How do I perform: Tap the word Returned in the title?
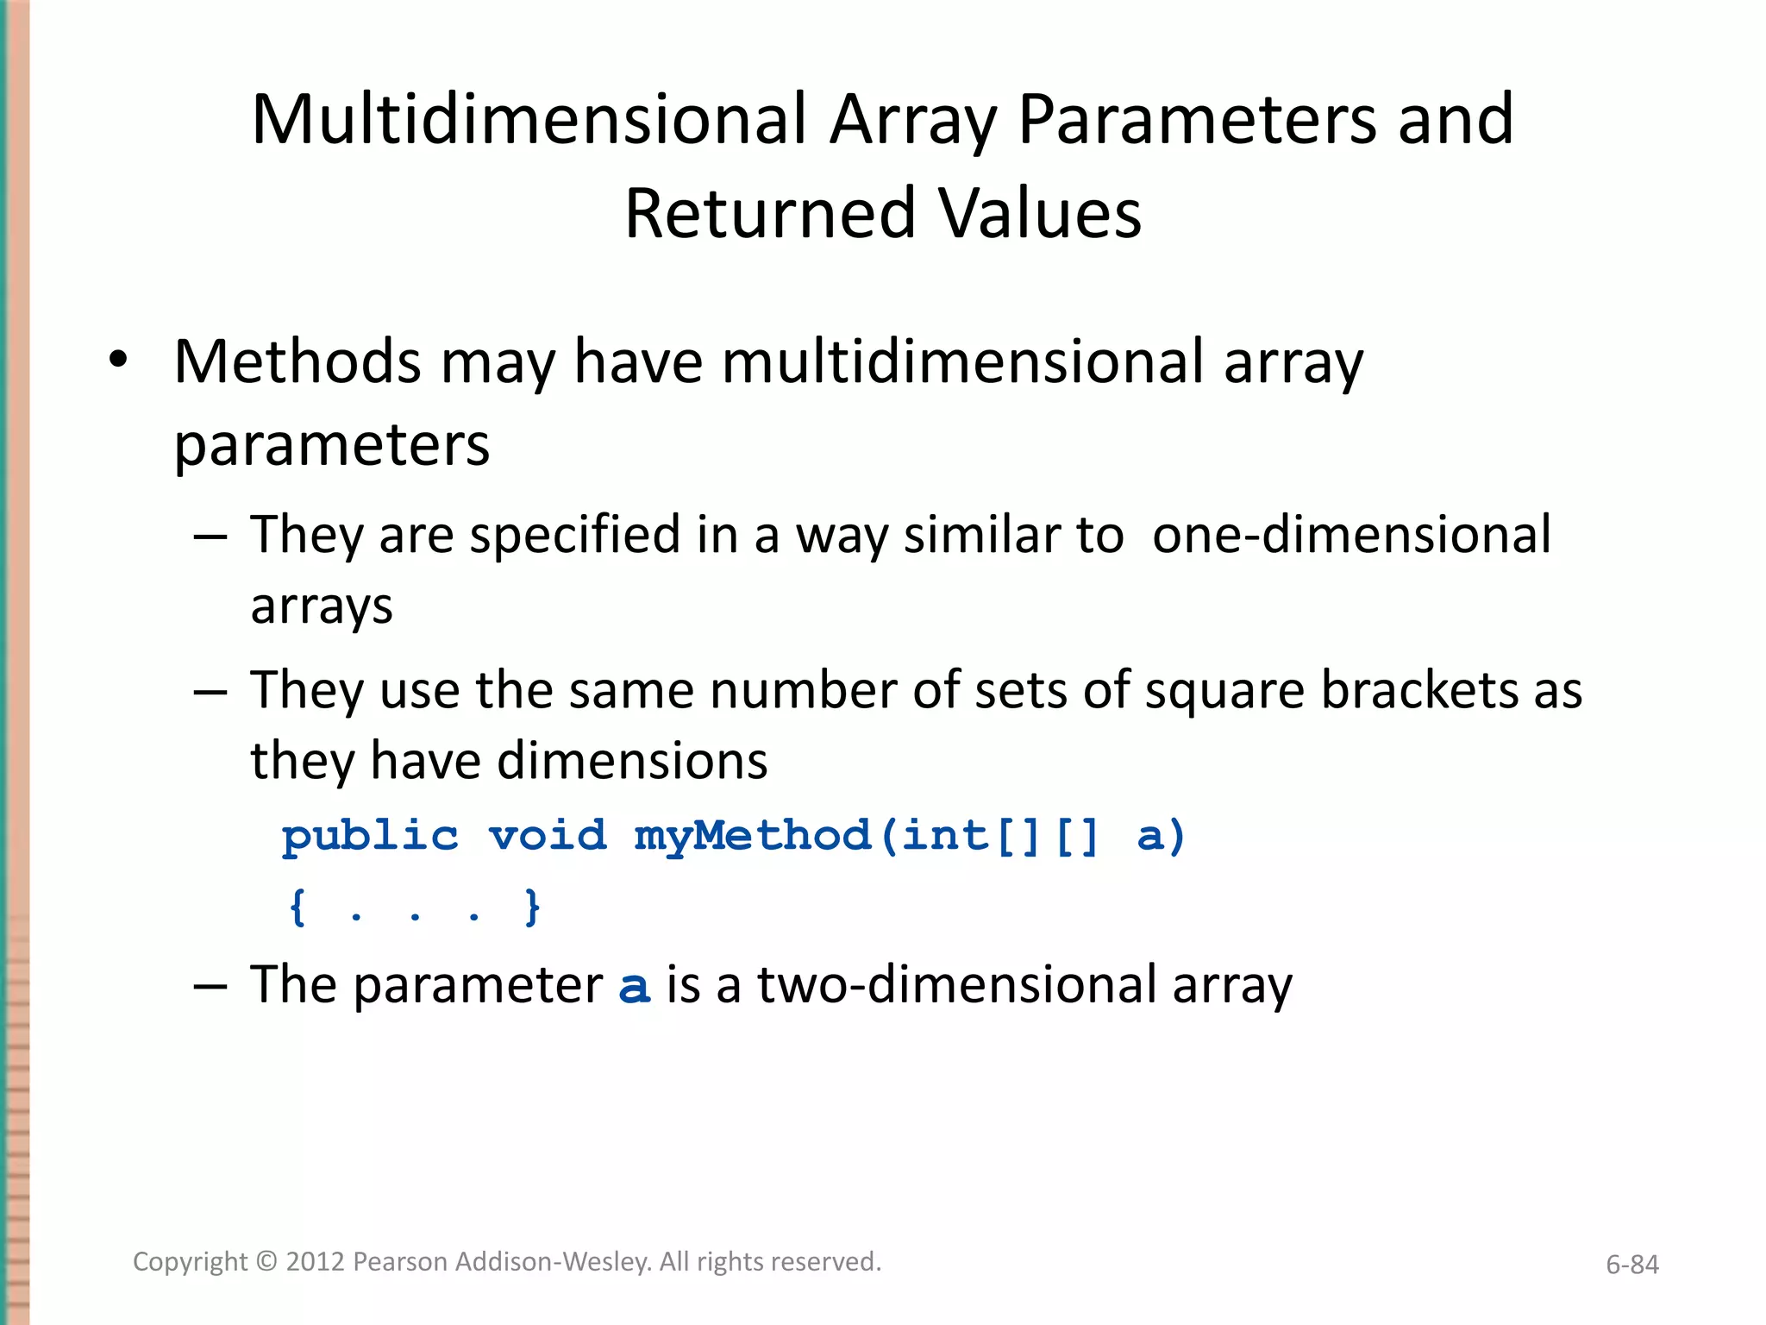(x=769, y=214)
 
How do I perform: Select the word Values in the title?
(x=1041, y=214)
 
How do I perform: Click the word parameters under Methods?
(x=332, y=445)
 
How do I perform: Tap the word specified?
(x=575, y=535)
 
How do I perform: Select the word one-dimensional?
(x=1351, y=535)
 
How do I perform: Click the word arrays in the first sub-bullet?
(x=322, y=606)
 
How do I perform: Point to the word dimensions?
(x=632, y=761)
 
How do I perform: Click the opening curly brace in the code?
(x=297, y=907)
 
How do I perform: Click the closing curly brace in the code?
(x=532, y=907)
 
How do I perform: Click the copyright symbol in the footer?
(x=267, y=1262)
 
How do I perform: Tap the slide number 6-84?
(x=1631, y=1265)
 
